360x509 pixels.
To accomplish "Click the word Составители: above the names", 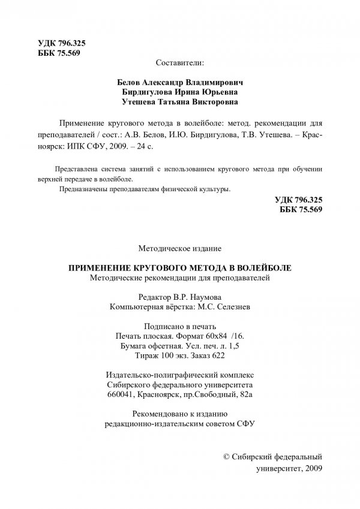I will coord(179,62).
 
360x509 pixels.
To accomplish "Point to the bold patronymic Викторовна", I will coord(217,103).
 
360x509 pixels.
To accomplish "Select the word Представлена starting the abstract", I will coord(74,168).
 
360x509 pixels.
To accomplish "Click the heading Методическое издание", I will coord(180,247).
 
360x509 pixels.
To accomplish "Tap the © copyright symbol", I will coord(226,456).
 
